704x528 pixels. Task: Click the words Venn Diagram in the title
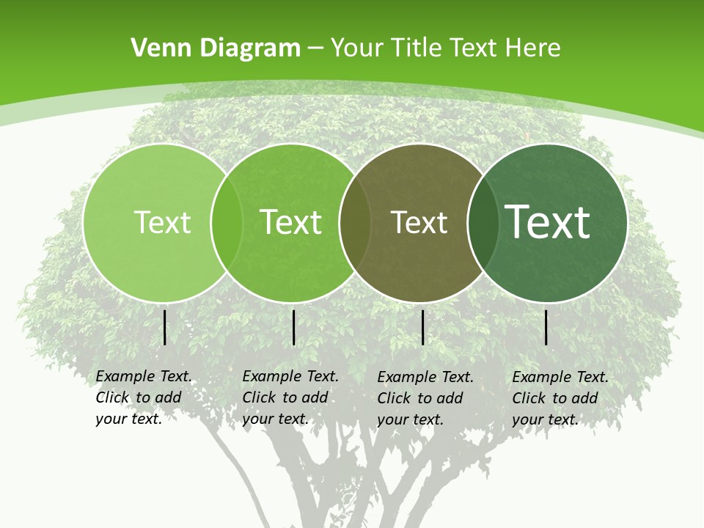pyautogui.click(x=216, y=48)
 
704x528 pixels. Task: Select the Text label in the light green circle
pyautogui.click(x=162, y=222)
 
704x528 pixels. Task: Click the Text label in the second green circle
pyautogui.click(x=291, y=222)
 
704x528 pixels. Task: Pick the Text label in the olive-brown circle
pyautogui.click(x=419, y=222)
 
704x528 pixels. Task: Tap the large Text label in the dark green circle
pyautogui.click(x=548, y=222)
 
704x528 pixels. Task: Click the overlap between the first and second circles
pyautogui.click(x=227, y=222)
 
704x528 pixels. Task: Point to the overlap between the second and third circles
pyautogui.click(x=354, y=222)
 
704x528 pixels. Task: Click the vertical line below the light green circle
pyautogui.click(x=165, y=327)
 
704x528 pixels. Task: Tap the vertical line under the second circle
pyautogui.click(x=293, y=327)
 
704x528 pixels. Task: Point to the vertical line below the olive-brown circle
pyautogui.click(x=423, y=327)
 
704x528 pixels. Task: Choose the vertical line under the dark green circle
pyautogui.click(x=546, y=327)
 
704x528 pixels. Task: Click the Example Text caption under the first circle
pyautogui.click(x=143, y=397)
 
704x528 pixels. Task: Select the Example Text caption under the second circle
pyautogui.click(x=290, y=397)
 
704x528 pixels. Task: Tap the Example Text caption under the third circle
pyautogui.click(x=425, y=398)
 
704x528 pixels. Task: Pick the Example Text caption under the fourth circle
pyautogui.click(x=560, y=398)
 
